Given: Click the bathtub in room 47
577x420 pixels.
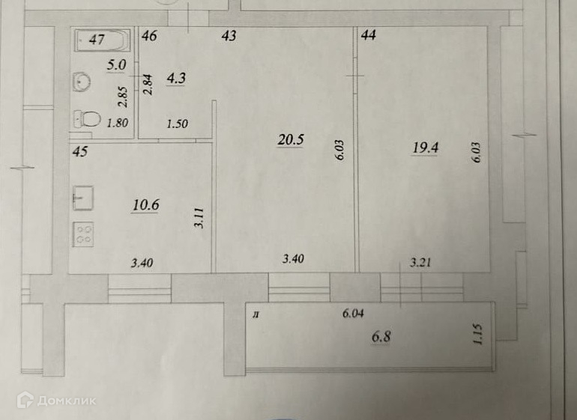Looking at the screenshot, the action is [x=103, y=40].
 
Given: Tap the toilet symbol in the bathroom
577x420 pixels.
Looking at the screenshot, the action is [x=87, y=119].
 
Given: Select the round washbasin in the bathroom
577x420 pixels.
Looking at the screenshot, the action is [x=82, y=82].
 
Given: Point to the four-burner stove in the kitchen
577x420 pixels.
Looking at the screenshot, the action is [x=83, y=234].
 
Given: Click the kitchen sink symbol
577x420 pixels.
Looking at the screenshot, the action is [x=83, y=198].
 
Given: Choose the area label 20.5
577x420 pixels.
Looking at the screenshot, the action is [x=290, y=140].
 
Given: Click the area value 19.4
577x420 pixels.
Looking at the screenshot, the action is [x=425, y=147].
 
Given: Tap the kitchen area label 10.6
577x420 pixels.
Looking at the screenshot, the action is [x=145, y=204].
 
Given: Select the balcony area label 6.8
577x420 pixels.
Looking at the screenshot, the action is [x=381, y=336].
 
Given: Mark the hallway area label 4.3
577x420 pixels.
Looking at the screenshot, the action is [x=176, y=78].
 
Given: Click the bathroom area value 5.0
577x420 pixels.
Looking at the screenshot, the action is [x=116, y=65].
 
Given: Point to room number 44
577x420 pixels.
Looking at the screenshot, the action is [x=369, y=35].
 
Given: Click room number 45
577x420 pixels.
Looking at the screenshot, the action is [x=80, y=151].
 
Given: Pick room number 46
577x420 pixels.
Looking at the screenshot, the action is [x=149, y=36].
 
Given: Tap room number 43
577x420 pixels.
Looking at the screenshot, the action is [x=229, y=35].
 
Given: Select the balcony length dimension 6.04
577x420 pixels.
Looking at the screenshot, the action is [x=353, y=314].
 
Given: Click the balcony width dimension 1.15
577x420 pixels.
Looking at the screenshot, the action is [x=477, y=334].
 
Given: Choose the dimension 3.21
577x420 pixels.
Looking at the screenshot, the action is [x=420, y=263].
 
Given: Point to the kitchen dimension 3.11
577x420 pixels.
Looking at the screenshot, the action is [x=199, y=218].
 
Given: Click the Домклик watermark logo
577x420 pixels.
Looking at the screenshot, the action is [x=57, y=400].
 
